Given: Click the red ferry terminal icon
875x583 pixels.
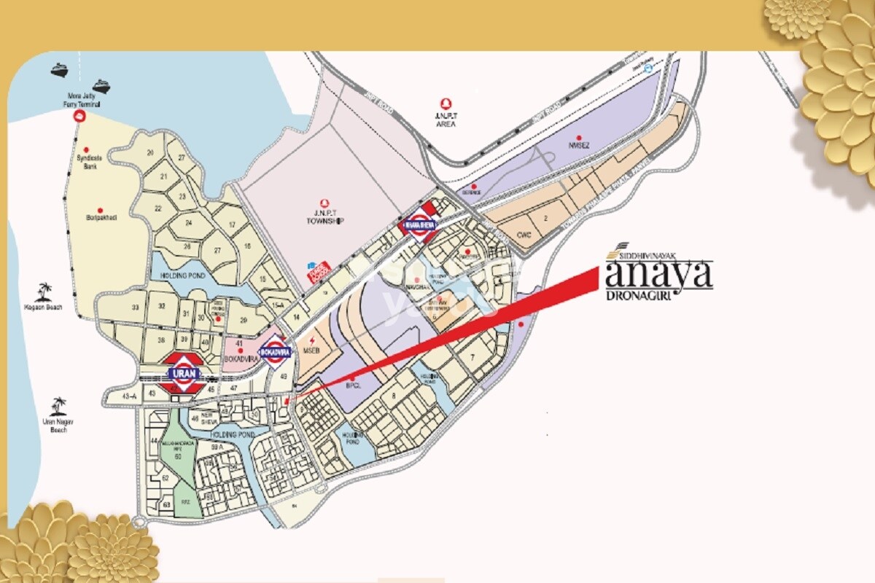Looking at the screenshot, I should (x=82, y=116).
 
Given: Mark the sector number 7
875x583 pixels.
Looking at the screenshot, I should (x=472, y=357).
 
